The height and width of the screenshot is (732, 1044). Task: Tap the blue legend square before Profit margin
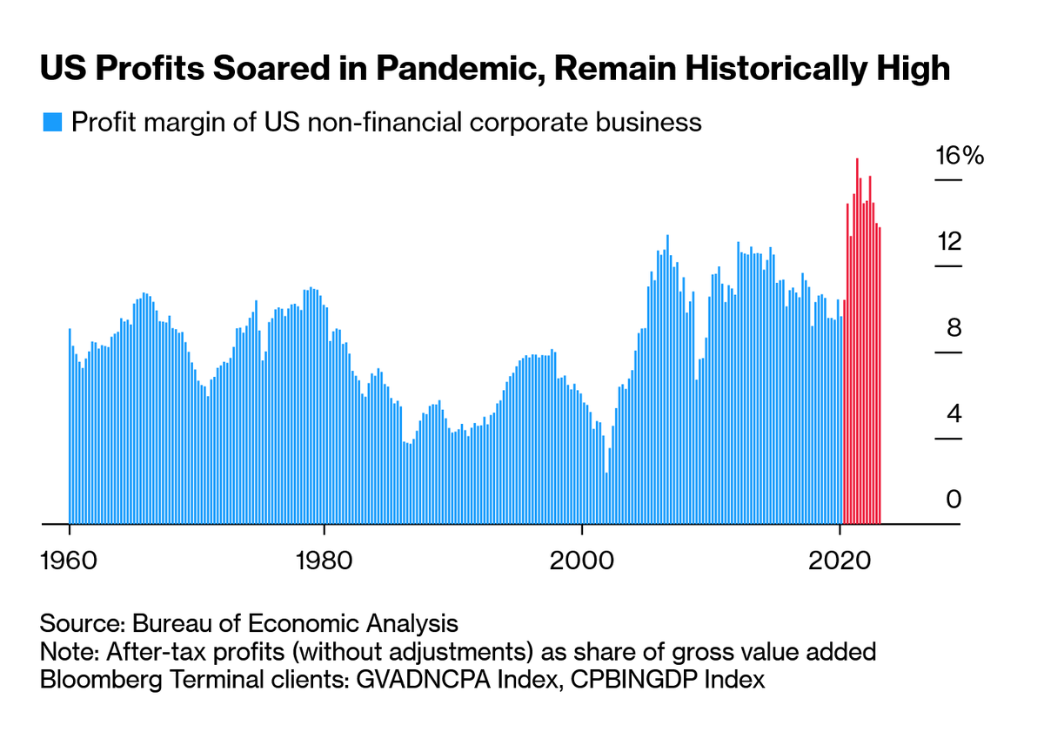point(52,123)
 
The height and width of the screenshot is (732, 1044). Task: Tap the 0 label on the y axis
point(954,500)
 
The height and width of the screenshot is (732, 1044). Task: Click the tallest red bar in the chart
point(857,339)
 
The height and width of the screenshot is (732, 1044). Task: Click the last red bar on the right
point(880,374)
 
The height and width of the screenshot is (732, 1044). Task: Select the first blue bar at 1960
point(70,426)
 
